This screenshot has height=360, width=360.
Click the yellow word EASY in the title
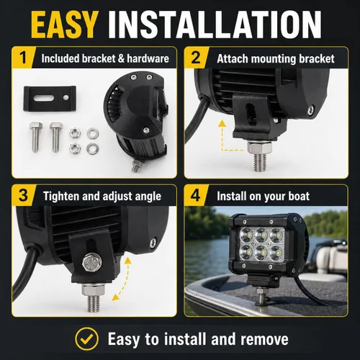pos(64,25)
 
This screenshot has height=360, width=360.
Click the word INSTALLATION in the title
pos(215,25)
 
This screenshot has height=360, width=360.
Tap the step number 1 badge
pos(23,58)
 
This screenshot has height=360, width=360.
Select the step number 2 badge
pos(196,58)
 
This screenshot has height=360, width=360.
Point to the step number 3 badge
pos(23,196)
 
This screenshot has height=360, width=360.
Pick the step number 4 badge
pos(195,196)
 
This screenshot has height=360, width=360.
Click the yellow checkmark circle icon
pos(86,339)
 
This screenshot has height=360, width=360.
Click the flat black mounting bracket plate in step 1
pos(50,99)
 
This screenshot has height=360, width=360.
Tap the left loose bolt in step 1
pos(35,137)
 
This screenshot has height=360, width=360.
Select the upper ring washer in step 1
pos(93,133)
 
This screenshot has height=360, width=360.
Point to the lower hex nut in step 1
pos(75,148)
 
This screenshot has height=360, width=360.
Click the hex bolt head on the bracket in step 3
pos(91,261)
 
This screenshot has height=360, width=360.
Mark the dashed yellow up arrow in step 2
pos(228,136)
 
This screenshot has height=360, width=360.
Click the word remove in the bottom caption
pos(264,339)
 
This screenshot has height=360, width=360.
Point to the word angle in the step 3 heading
pos(148,197)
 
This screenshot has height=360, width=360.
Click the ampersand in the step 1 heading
pos(121,59)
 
